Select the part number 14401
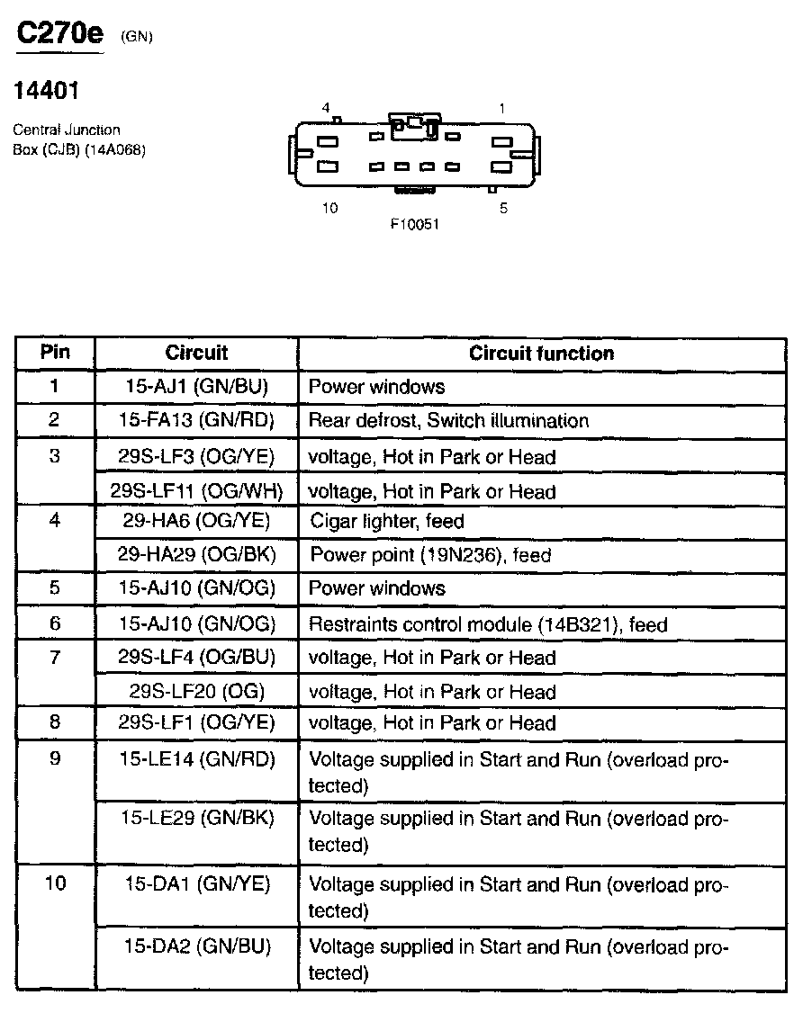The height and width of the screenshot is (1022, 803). [47, 90]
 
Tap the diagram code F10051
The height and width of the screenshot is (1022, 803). [414, 224]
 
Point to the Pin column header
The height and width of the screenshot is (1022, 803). [55, 352]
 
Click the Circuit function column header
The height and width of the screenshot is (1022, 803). [541, 353]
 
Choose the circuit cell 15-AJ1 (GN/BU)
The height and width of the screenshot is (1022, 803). [196, 387]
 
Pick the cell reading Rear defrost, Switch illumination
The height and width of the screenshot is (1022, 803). [448, 420]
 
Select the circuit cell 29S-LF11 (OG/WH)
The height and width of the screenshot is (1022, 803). [196, 491]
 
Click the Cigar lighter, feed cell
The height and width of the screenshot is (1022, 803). [387, 521]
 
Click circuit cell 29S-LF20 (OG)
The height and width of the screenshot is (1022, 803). [196, 691]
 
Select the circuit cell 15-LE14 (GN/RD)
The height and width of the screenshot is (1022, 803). [196, 758]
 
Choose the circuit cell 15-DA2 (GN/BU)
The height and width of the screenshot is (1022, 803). [196, 946]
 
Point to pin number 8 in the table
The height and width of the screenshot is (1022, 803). [55, 722]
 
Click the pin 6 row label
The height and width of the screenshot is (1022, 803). [55, 623]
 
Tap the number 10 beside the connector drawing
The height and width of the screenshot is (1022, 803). [329, 209]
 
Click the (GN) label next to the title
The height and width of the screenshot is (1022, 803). [137, 37]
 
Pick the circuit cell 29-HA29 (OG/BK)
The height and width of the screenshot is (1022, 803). [196, 555]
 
